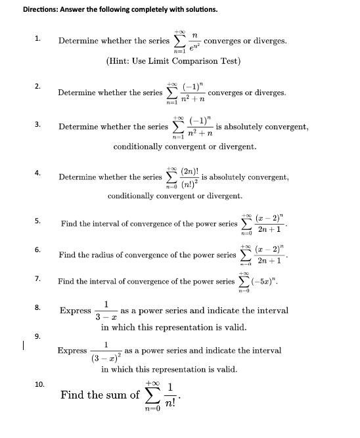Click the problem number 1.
pyautogui.click(x=37, y=39)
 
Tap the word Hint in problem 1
pyautogui.click(x=122, y=61)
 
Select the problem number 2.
pyautogui.click(x=37, y=85)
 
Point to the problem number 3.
pyautogui.click(x=37, y=123)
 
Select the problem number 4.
pyautogui.click(x=37, y=173)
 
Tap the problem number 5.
pyautogui.click(x=37, y=221)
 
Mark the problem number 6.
pyautogui.click(x=37, y=250)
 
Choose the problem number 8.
pyautogui.click(x=37, y=307)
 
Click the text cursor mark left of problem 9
pyautogui.click(x=23, y=343)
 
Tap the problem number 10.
pyautogui.click(x=39, y=384)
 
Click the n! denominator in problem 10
pyautogui.click(x=170, y=401)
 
